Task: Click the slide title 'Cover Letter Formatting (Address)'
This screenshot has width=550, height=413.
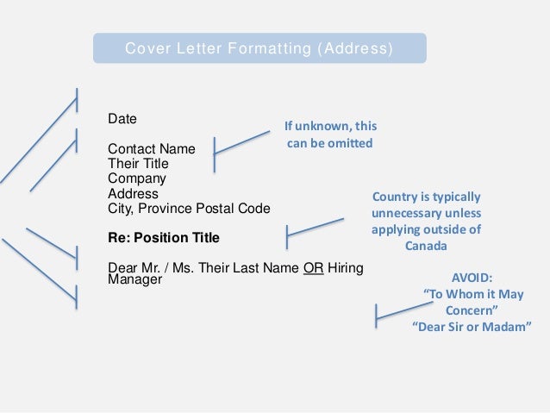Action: tap(259, 47)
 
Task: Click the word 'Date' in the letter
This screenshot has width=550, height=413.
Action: tap(122, 118)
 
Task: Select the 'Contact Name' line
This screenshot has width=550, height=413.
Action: tap(151, 149)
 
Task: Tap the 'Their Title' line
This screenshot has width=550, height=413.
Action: tap(138, 164)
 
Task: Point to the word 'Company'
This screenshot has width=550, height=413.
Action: tap(136, 178)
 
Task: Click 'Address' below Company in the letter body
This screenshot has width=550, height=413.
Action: tap(133, 193)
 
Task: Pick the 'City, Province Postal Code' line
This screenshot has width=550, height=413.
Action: tap(188, 209)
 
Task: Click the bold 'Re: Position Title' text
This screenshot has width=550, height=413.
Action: tap(163, 237)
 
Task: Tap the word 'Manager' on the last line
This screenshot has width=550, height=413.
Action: tap(134, 280)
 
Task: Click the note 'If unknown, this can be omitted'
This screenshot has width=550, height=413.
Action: tap(330, 135)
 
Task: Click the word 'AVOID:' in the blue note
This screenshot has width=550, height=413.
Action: tap(472, 278)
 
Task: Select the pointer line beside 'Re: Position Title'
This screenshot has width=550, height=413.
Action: tap(315, 226)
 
